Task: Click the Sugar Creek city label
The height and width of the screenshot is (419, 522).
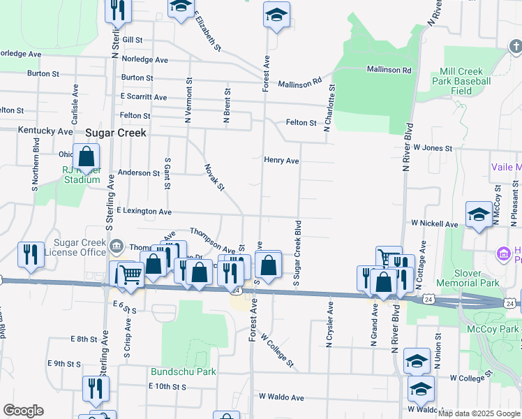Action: (116, 132)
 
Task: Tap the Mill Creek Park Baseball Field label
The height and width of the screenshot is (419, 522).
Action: (465, 81)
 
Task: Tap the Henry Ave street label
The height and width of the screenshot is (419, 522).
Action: (281, 161)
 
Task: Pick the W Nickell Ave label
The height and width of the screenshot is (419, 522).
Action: (434, 224)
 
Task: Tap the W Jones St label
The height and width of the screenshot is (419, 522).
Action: (433, 148)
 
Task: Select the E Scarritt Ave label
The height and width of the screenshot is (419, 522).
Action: (143, 97)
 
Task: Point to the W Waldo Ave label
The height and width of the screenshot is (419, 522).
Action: (281, 397)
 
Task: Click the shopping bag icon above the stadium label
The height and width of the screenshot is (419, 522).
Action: (86, 158)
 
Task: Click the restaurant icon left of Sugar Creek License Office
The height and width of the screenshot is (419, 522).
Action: (31, 255)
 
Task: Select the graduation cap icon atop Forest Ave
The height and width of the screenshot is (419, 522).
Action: (276, 15)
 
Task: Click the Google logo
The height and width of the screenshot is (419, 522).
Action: (23, 411)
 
